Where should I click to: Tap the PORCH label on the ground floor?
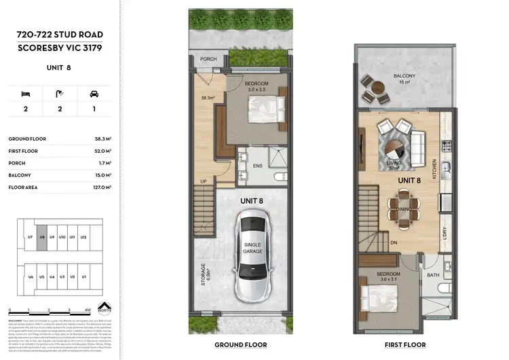(209, 59)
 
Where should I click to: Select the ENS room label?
(258, 166)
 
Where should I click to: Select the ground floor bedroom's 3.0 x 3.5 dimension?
(242, 89)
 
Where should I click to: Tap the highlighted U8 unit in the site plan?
(42, 237)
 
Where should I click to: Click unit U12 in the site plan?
(83, 237)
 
